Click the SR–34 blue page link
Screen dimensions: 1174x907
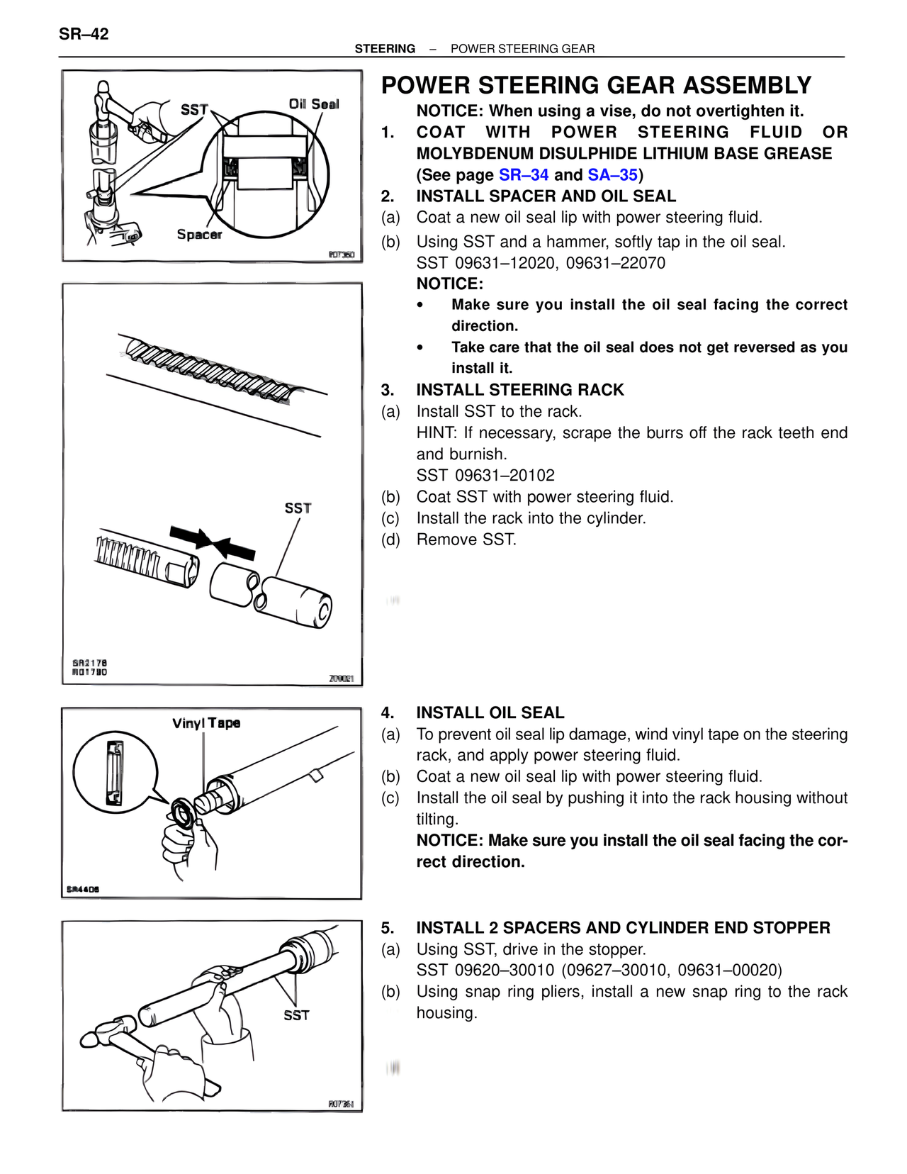click(x=523, y=175)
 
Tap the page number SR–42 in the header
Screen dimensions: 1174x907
click(x=84, y=34)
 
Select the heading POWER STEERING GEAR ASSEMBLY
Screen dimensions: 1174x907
click(x=596, y=86)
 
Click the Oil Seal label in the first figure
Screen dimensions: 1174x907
click(x=313, y=104)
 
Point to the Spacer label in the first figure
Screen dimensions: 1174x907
click(x=199, y=235)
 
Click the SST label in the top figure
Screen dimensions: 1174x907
click(x=194, y=109)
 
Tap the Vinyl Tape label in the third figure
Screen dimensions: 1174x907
click(x=206, y=723)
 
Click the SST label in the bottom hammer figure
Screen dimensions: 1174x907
click(x=296, y=1015)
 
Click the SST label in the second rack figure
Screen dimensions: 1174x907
click(x=298, y=508)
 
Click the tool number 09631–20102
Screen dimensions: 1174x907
click(x=505, y=476)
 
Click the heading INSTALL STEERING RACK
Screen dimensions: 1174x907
click(x=519, y=390)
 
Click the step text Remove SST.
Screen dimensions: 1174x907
click(x=466, y=540)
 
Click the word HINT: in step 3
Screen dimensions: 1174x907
click(x=436, y=433)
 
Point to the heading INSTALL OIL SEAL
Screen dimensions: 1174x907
click(x=490, y=713)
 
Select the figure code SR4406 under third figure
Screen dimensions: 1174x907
click(x=83, y=890)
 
